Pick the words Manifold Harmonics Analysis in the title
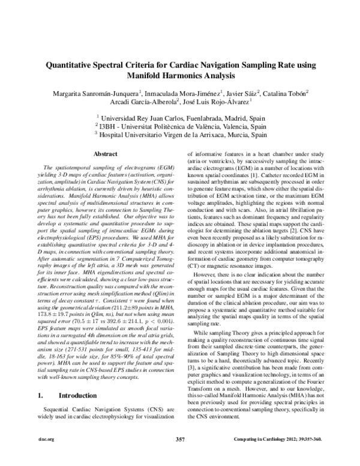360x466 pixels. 180,76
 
